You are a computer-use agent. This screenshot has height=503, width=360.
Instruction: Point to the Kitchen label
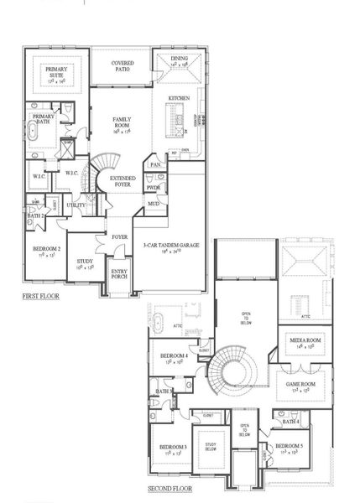(x=179, y=98)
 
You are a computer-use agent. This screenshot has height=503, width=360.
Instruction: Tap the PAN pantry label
(x=155, y=165)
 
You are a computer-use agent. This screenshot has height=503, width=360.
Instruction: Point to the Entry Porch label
(x=120, y=276)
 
